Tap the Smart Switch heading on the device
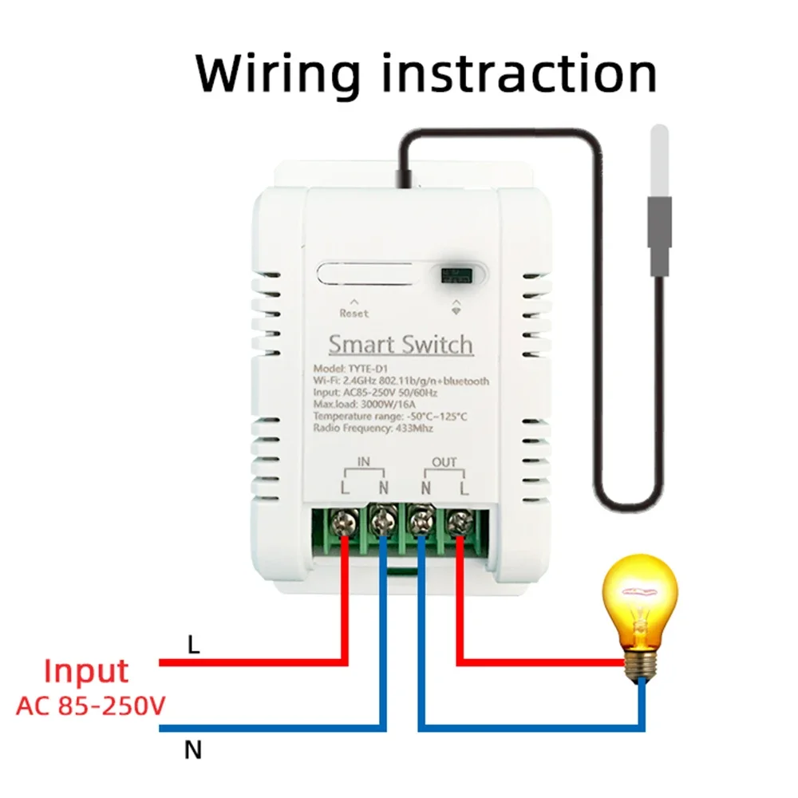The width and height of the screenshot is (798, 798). pyautogui.click(x=401, y=345)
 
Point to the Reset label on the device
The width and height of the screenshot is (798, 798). pyautogui.click(x=354, y=313)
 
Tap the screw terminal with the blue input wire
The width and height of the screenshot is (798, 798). pyautogui.click(x=383, y=523)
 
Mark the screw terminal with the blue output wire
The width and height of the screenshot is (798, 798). pyautogui.click(x=421, y=523)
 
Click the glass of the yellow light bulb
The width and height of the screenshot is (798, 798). pyautogui.click(x=638, y=599)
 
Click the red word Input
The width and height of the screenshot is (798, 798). pyautogui.click(x=86, y=672)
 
